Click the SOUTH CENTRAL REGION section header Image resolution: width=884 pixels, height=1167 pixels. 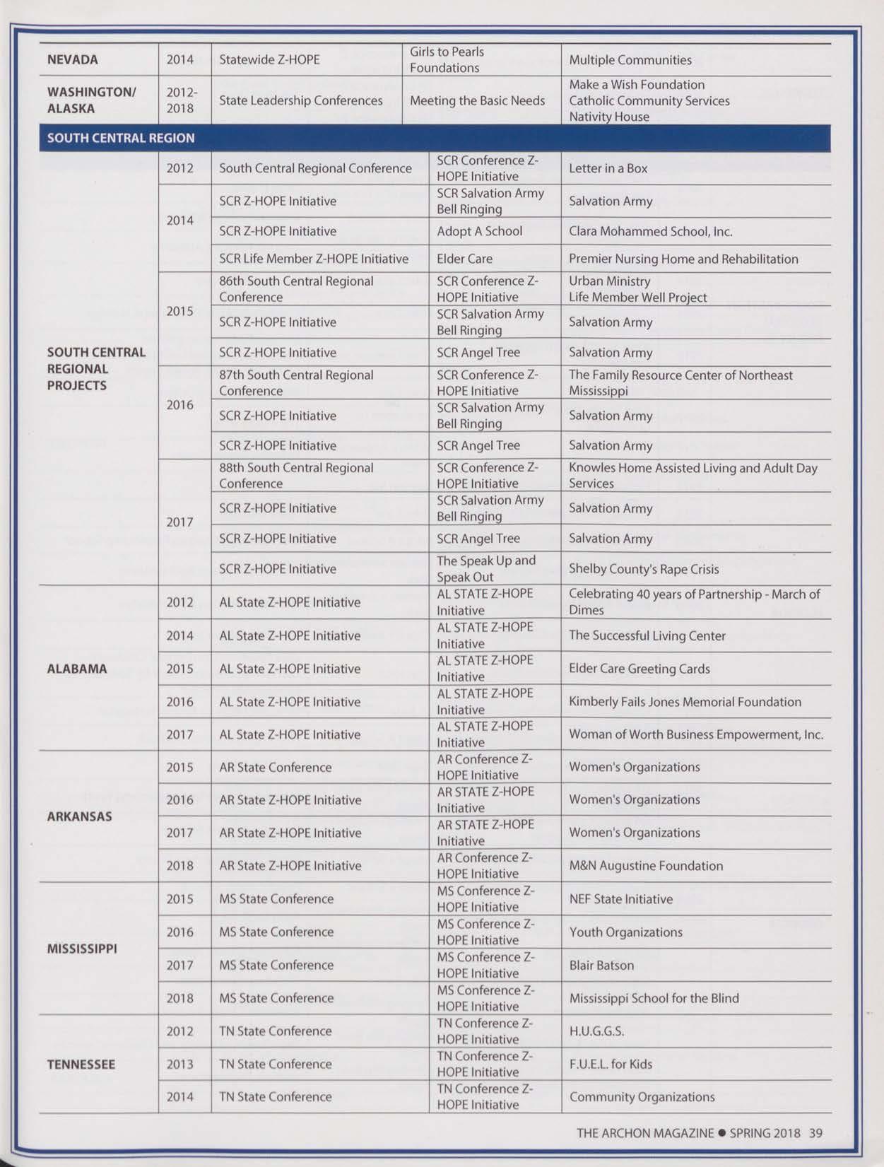click(121, 138)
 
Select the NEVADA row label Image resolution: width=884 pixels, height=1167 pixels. click(72, 60)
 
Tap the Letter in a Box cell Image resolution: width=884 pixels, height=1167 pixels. click(608, 168)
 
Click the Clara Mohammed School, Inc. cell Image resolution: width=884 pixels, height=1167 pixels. click(650, 231)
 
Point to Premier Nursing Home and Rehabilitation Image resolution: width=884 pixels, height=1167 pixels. click(683, 259)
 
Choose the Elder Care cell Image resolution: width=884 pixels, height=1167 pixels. click(464, 259)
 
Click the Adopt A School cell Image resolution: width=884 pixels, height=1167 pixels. click(479, 231)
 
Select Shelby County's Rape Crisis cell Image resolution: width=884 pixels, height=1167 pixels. click(644, 569)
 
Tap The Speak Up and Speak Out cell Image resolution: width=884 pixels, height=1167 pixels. click(486, 568)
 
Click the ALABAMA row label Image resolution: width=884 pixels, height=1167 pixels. click(77, 669)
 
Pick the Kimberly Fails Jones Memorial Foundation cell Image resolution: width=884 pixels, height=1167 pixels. click(685, 702)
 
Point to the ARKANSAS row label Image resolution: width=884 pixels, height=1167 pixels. click(79, 816)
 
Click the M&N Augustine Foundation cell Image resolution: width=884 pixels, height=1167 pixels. click(646, 866)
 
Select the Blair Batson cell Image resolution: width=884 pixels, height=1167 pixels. click(601, 966)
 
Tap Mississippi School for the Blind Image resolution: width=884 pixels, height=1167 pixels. click(654, 998)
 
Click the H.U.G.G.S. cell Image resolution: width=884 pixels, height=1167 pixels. click(596, 1031)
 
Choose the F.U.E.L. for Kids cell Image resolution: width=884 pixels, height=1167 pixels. click(611, 1064)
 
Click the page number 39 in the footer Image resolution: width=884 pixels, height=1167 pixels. click(815, 1133)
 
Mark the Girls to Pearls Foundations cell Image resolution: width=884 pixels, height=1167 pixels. click(447, 60)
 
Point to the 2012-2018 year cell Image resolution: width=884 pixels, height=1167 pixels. click(182, 100)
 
